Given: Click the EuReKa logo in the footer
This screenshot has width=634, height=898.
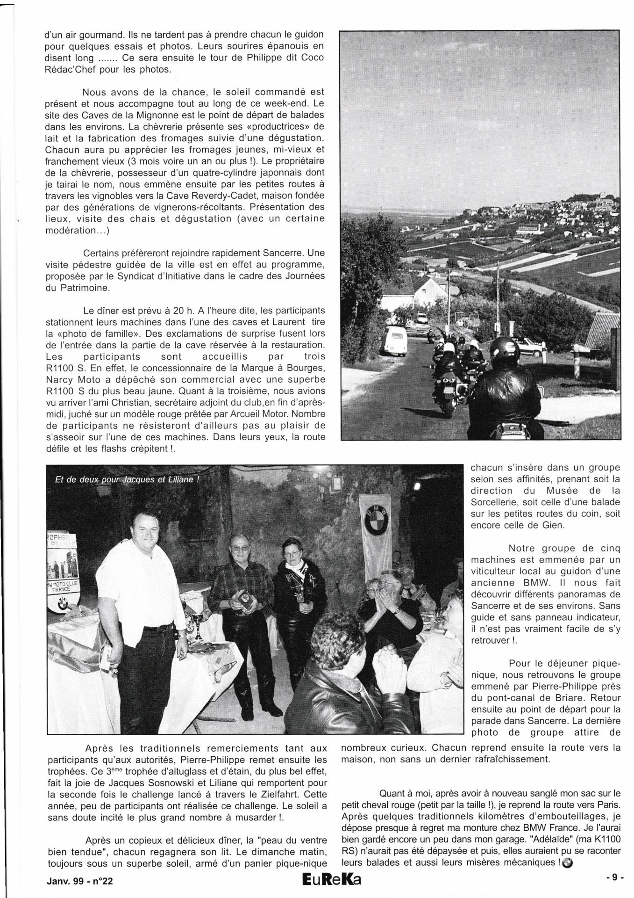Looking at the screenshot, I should tap(331, 880).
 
